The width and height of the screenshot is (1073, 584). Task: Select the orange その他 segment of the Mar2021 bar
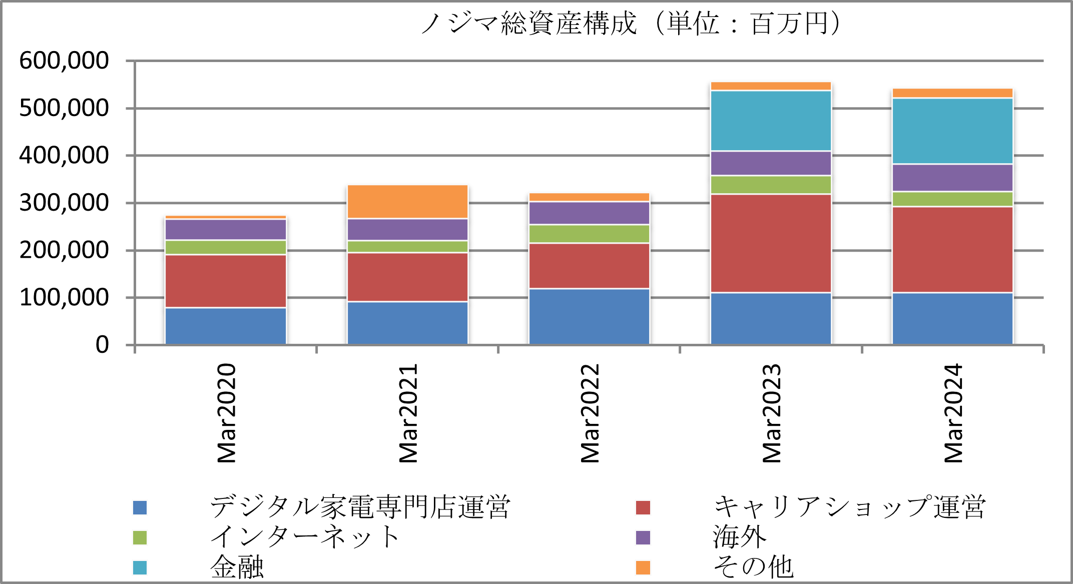(407, 202)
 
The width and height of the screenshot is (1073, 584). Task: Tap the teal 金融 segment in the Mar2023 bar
(771, 121)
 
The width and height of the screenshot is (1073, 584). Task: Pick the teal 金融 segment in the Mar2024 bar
(952, 131)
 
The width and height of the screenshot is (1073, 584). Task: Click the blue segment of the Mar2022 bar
(589, 316)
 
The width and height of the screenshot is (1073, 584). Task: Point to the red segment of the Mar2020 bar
(226, 281)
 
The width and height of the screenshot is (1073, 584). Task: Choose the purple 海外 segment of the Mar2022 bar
(589, 213)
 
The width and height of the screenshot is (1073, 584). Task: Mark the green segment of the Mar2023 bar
(771, 185)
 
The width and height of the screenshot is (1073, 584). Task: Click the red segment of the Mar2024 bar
(952, 249)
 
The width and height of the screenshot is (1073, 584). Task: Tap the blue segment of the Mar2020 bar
(226, 326)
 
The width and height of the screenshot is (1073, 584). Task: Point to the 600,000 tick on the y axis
(64, 61)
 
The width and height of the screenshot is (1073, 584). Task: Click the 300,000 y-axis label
(64, 203)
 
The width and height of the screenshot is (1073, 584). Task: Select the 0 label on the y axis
(102, 345)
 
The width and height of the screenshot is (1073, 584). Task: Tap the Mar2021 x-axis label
(408, 413)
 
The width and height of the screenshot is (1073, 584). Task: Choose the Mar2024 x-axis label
(953, 413)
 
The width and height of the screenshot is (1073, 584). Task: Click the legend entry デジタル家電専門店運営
(359, 507)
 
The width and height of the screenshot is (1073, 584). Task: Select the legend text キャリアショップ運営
(849, 507)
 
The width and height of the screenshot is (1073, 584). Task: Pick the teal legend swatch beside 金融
(140, 567)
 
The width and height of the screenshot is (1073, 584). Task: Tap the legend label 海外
(740, 537)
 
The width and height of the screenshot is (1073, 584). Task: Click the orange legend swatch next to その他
(643, 567)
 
